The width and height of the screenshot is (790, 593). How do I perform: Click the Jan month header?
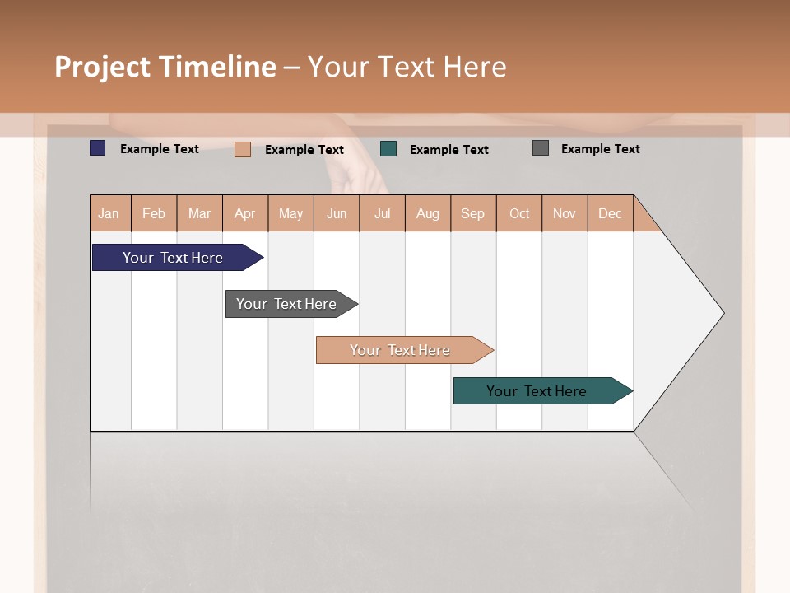(109, 213)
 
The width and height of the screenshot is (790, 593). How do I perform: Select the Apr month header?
(245, 213)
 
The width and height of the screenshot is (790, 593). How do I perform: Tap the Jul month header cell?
(383, 213)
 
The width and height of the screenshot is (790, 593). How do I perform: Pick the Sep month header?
(473, 213)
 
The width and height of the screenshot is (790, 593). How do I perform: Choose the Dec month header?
(611, 213)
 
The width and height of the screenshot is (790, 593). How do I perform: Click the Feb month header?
(154, 213)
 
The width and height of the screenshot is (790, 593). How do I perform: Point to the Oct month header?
(519, 213)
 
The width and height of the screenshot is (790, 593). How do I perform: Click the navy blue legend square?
(98, 148)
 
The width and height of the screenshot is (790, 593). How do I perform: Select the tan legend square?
(243, 149)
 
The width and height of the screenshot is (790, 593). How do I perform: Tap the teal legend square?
(388, 149)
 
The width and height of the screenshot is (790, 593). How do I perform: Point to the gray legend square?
(541, 148)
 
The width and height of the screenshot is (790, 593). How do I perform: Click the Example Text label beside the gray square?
(600, 149)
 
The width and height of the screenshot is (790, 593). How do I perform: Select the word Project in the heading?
(102, 67)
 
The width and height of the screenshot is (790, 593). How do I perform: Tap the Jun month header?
(337, 213)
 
